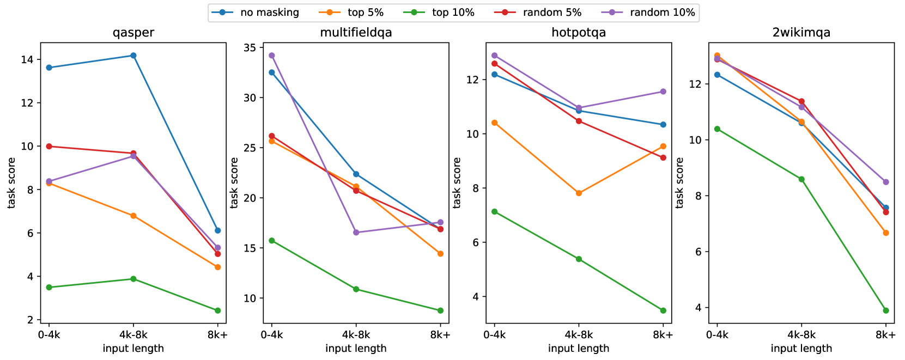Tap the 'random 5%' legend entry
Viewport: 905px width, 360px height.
click(544, 13)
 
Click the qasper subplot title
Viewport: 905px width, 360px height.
click(133, 33)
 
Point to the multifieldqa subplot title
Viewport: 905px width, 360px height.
click(356, 33)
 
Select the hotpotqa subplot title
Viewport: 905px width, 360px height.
click(579, 33)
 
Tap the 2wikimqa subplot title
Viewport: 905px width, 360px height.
click(801, 33)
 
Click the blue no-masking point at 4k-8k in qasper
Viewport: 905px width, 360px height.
click(133, 56)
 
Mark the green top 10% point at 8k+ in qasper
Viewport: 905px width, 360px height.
click(217, 310)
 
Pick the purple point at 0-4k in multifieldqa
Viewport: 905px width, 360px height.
click(272, 56)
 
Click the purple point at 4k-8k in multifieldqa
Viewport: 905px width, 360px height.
click(356, 233)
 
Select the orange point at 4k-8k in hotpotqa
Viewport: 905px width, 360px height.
click(579, 193)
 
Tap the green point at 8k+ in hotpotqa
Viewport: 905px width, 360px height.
click(663, 310)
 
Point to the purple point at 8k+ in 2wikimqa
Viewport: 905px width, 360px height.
click(886, 182)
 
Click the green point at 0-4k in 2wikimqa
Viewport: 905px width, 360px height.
click(717, 129)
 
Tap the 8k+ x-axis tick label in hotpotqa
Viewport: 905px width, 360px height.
click(663, 335)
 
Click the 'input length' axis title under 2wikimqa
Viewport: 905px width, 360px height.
click(801, 349)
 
